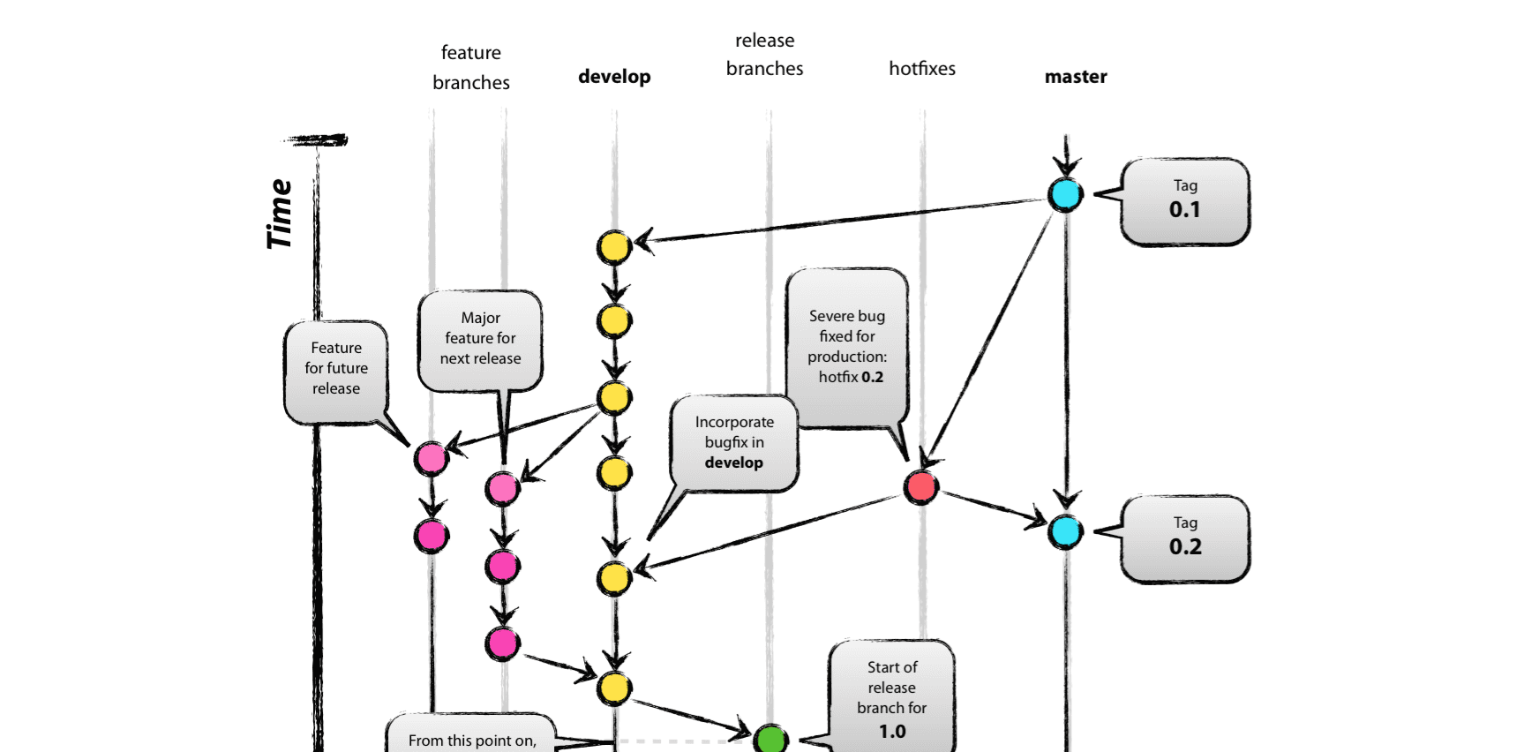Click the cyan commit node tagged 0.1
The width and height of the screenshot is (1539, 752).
tap(1065, 194)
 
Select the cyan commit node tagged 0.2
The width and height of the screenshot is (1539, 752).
tap(1065, 531)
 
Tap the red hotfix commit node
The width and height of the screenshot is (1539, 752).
tap(921, 486)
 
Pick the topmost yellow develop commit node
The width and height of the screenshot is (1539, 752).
tap(614, 247)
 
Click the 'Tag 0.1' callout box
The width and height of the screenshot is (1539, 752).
tap(1185, 201)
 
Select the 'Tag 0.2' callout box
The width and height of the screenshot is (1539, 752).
tap(1185, 538)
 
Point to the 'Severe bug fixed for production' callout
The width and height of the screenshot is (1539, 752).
tap(847, 347)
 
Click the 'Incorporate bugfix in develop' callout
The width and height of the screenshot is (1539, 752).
tap(734, 442)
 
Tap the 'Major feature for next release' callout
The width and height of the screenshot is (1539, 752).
tap(480, 339)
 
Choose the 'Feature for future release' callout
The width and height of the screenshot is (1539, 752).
tap(336, 369)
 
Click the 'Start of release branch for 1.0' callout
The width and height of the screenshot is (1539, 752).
tap(891, 697)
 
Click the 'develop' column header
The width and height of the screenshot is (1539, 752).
tap(614, 77)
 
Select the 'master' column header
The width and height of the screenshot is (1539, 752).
tap(1075, 77)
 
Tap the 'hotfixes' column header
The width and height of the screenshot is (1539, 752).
tap(921, 69)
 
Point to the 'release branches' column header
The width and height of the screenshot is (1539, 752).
tap(764, 55)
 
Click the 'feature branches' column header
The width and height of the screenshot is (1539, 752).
tap(470, 67)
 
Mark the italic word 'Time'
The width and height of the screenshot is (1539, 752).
tap(280, 214)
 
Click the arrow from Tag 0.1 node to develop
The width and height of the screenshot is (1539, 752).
tap(838, 220)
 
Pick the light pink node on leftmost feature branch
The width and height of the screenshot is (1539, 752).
tap(431, 458)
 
